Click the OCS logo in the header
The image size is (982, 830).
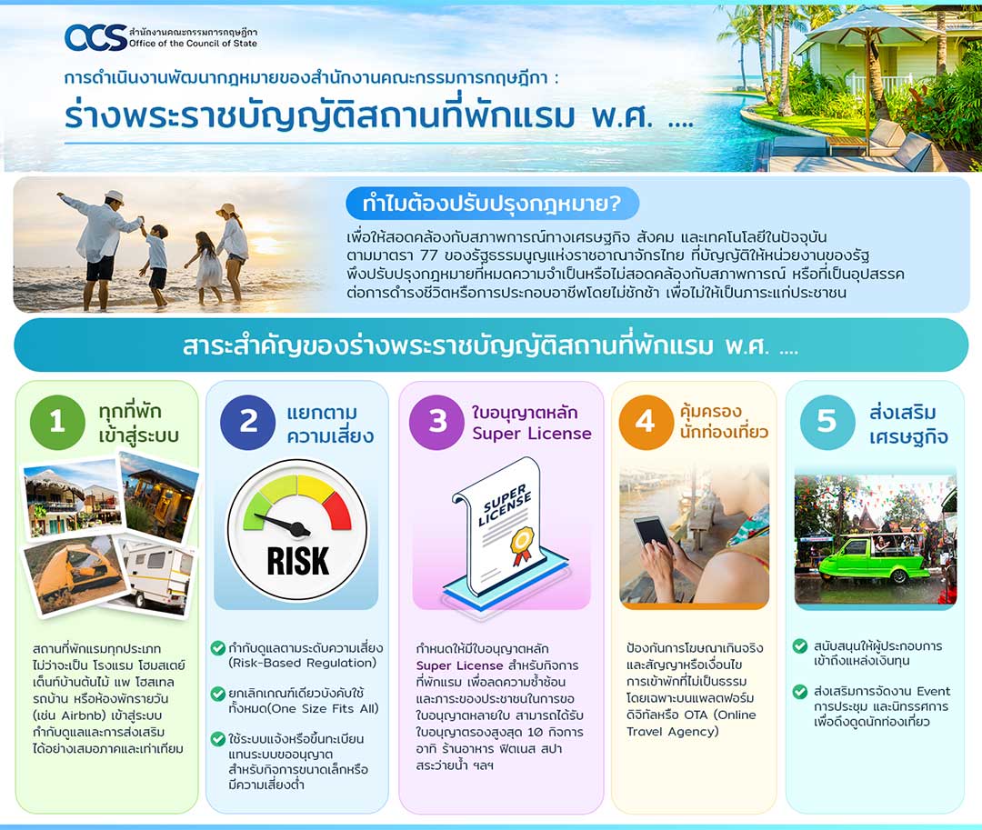[95, 37]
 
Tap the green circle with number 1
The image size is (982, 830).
[57, 421]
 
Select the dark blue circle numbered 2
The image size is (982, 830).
[248, 421]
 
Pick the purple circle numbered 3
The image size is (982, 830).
[437, 421]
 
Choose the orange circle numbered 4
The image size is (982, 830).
[646, 422]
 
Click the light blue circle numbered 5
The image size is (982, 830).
[827, 421]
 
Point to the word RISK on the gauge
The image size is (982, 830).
[297, 561]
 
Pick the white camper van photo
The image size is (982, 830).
[156, 575]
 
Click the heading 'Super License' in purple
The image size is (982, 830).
[532, 433]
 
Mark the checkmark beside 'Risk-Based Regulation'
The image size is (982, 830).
[218, 648]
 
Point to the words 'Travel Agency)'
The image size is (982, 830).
[673, 731]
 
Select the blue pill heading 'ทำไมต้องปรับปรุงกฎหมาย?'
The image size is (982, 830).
[492, 204]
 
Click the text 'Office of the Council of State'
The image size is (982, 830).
[193, 44]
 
